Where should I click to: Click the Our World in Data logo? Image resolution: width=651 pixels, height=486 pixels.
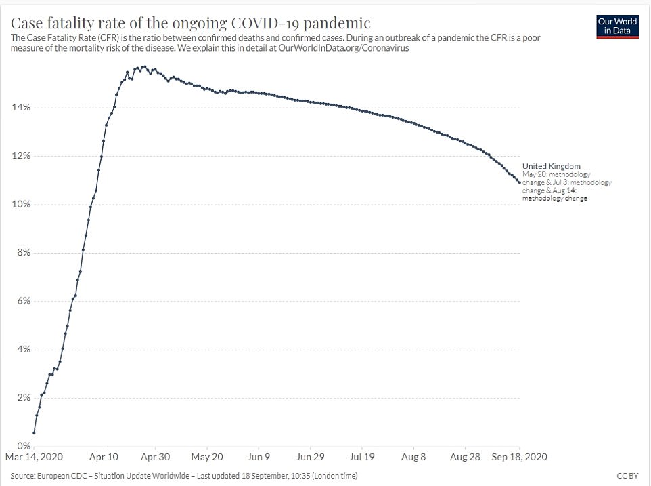point(618,26)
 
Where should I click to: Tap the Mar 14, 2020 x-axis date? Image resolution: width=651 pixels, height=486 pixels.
point(34,458)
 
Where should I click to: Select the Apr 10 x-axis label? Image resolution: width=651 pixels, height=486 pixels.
point(104,458)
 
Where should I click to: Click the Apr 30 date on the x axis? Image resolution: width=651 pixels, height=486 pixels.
point(155,458)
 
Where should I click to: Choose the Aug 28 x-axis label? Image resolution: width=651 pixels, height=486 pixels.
point(465,458)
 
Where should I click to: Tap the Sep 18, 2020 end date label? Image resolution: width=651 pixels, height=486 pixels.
point(520,458)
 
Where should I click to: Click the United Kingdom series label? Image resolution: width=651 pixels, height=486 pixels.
point(551,166)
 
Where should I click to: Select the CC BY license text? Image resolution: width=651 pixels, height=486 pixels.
point(628,475)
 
